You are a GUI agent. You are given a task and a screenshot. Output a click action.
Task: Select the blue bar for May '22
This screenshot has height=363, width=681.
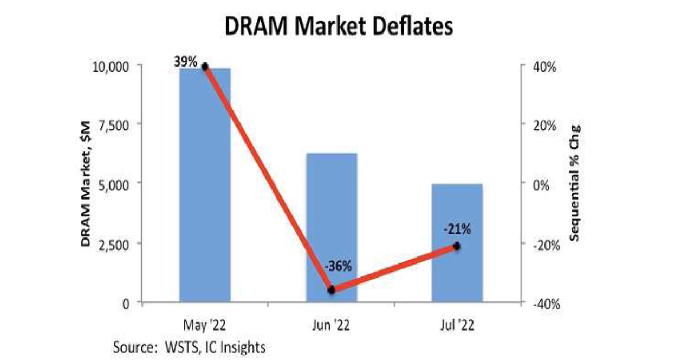click(205, 189)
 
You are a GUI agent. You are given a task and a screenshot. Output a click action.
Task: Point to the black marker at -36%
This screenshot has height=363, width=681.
click(332, 290)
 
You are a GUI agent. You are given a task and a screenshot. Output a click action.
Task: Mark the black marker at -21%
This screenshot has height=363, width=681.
click(457, 246)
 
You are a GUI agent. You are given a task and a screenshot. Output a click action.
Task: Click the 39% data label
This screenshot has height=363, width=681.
click(186, 62)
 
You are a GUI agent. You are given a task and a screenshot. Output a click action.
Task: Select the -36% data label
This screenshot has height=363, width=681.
click(338, 266)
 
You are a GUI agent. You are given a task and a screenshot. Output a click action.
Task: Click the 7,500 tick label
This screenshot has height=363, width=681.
click(114, 126)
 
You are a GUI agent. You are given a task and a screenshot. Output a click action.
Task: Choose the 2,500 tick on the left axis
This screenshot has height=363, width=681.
click(114, 245)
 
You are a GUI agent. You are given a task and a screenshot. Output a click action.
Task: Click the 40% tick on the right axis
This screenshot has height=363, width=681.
click(545, 67)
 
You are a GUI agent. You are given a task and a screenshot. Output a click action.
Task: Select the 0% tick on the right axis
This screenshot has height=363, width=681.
click(541, 186)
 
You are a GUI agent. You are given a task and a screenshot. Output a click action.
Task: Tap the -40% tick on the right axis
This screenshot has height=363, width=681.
click(546, 304)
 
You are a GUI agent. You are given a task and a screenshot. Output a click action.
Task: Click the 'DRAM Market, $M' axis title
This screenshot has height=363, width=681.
click(86, 184)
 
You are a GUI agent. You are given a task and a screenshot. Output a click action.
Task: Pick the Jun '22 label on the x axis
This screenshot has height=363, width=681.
click(331, 325)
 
